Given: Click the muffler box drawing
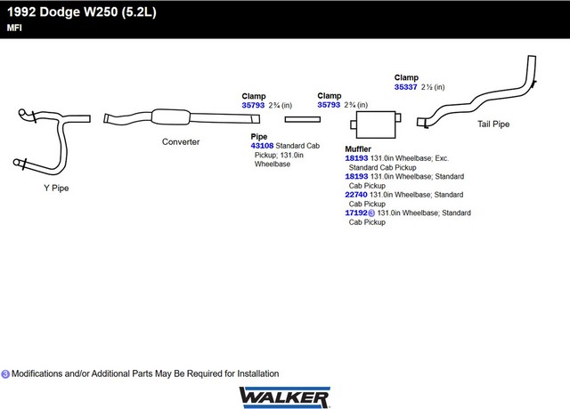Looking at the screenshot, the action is pos(376,124).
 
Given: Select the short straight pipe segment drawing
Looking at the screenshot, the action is pos(303,119).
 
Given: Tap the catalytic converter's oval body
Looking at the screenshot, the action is pos(170,116).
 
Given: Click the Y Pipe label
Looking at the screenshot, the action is pos(56,188).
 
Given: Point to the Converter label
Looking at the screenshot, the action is pos(181,142).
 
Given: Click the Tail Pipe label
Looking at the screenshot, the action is pos(493,124).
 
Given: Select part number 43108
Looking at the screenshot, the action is pos(262,146).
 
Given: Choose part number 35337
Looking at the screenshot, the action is pos(406,87).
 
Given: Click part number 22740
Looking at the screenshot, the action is pos(356,195).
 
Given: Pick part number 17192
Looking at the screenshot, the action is pos(356,213).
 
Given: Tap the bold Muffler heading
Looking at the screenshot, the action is pos(358,149).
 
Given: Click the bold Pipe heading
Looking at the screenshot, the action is pos(259,137).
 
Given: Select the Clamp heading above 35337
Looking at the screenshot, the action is pos(406,77).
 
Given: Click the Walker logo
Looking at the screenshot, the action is pos(285,397).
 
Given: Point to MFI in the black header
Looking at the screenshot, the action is pos(14,28).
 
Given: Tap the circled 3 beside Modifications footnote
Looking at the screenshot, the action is pos(5,374).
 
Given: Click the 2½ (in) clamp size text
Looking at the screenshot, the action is pos(433,87).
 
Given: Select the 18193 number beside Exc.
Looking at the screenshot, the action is pos(356,158).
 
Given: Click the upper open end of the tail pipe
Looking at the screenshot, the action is pos(532,56).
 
